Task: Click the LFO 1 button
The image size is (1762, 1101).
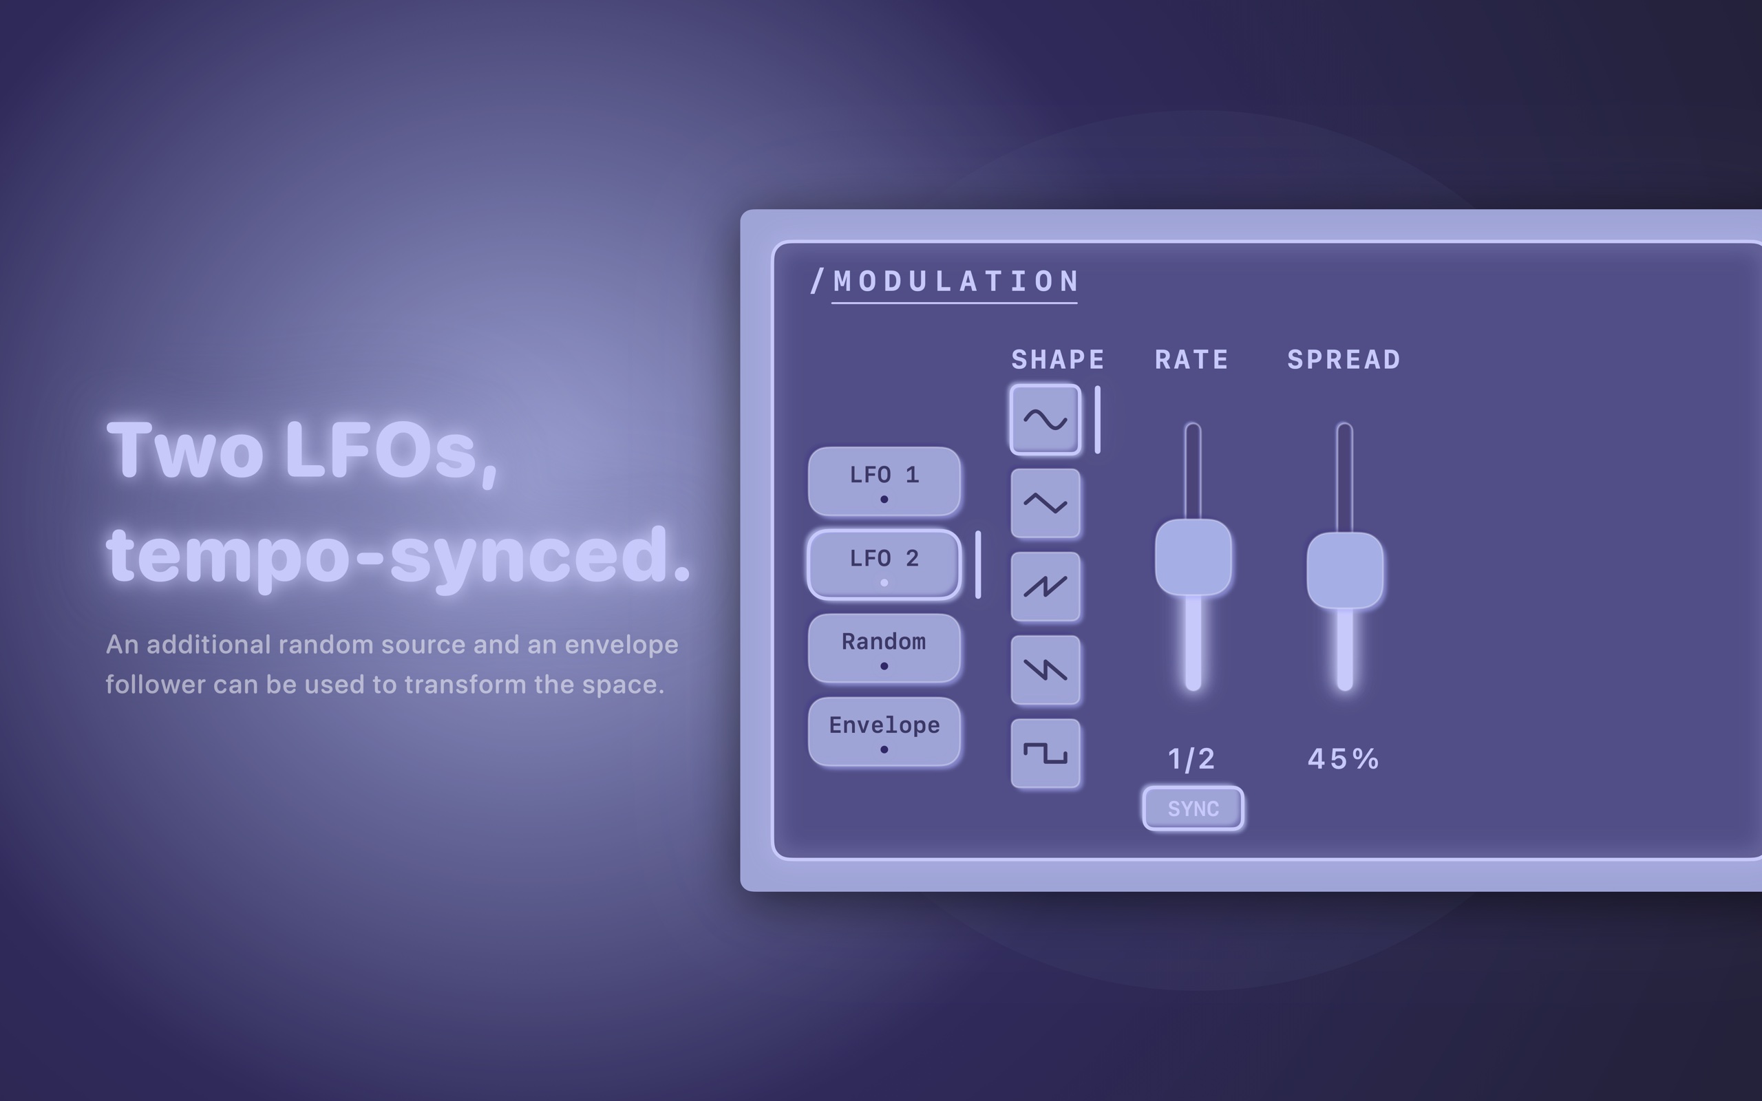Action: [884, 481]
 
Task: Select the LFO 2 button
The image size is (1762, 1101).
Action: [884, 565]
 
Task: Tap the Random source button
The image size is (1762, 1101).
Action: [884, 648]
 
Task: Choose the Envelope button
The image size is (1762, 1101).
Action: [884, 731]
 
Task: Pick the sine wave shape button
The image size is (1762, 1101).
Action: [1045, 420]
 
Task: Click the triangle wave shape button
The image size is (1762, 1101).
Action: [1045, 503]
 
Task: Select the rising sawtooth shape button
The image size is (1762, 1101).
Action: [1045, 587]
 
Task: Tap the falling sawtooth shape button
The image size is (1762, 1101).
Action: [1045, 670]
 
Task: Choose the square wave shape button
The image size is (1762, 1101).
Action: [1045, 753]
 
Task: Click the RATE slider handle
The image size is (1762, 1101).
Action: [1193, 557]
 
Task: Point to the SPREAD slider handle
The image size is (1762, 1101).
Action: [1345, 570]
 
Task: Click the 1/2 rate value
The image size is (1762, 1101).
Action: [1192, 760]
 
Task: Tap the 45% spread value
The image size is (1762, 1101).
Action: [1344, 759]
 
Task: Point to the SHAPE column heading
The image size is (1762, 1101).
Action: [1058, 360]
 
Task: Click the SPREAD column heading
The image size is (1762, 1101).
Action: [1344, 360]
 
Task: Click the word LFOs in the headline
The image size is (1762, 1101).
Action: [391, 449]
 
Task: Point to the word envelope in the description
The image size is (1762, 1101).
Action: [621, 645]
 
